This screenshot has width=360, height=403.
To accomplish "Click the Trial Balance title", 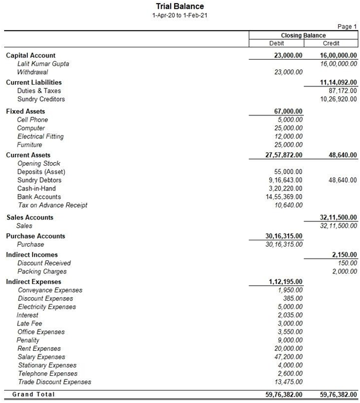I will coord(180,7).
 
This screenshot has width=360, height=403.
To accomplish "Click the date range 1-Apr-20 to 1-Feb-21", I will coord(180,15).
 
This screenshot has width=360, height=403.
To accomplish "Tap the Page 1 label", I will coord(347,27).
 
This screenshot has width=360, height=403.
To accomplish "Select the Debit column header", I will coord(276,43).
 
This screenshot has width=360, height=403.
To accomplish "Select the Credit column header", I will coord(331,43).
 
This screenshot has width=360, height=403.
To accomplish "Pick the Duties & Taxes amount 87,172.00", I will coord(342,91).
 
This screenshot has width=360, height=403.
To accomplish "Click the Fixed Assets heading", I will coord(25,111).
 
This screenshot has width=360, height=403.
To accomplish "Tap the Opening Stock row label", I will coord(39,163).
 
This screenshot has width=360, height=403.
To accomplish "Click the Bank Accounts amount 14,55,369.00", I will coord(284,197).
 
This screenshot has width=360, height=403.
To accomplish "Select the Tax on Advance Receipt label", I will coord(53,205).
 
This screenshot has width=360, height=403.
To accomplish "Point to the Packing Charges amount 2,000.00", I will coord(344,272).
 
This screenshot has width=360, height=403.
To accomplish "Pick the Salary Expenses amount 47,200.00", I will coord(287,357).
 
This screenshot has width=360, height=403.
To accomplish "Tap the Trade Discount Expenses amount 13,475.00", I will coord(287,382).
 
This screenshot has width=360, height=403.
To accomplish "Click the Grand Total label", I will coord(33,394).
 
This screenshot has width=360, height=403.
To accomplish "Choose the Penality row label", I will coord(28,340).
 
